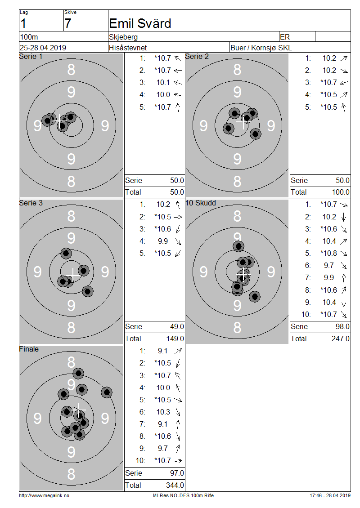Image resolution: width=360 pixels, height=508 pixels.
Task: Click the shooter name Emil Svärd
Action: [140, 23]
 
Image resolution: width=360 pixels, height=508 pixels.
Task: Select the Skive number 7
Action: [67, 24]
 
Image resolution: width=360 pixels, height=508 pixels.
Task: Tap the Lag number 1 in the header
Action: [23, 24]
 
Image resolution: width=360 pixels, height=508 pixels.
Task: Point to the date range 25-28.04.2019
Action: [43, 48]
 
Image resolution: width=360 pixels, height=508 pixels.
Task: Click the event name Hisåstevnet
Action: [128, 48]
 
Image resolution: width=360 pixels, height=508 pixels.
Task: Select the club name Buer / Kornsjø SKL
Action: [261, 48]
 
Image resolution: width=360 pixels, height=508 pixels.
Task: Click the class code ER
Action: [285, 37]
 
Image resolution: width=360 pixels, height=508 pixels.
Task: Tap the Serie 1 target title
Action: [31, 56]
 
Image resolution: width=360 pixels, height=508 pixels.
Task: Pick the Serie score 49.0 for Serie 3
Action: [177, 326]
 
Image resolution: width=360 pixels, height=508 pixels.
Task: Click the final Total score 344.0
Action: [175, 486]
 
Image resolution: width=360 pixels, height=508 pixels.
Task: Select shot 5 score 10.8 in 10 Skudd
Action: [329, 254]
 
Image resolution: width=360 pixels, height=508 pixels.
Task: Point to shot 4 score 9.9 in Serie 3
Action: [163, 241]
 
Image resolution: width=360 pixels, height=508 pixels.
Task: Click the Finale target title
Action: [29, 349]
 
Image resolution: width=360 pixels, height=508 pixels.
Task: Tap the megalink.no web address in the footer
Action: [44, 496]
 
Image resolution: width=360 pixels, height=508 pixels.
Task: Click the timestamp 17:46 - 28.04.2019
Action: [330, 496]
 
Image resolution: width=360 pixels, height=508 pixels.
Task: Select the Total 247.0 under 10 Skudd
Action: [341, 339]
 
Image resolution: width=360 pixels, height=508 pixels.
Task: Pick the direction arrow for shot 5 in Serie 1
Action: [178, 107]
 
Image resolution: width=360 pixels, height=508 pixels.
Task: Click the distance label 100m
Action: [29, 37]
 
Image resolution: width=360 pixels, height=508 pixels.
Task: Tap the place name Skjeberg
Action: [123, 37]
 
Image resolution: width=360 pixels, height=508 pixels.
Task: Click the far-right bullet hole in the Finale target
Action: [106, 392]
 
